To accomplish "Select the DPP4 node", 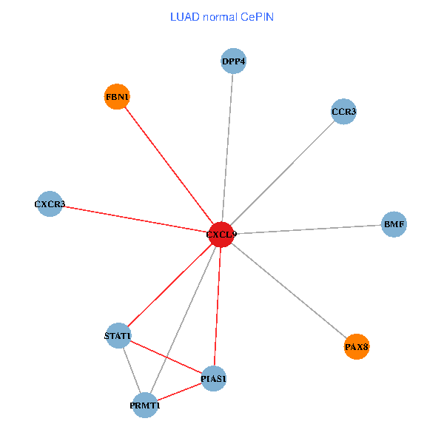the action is point(233,61).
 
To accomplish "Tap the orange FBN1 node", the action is point(117,97).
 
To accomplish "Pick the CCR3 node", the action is point(343,112).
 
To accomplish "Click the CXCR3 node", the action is point(50,203).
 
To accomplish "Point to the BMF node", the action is point(394,223).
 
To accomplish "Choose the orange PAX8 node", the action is point(357,346).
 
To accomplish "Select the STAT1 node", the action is point(118,336).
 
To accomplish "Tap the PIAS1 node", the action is point(213,379).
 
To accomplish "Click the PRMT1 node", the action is point(145,405).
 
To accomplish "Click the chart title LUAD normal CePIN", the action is point(221,16).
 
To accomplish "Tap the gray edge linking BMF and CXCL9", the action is point(307,229).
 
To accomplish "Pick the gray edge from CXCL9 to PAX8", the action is point(289,290).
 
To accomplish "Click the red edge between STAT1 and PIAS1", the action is point(166,357).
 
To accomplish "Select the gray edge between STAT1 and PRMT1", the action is point(132,370).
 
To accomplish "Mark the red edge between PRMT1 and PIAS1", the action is point(179,392).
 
